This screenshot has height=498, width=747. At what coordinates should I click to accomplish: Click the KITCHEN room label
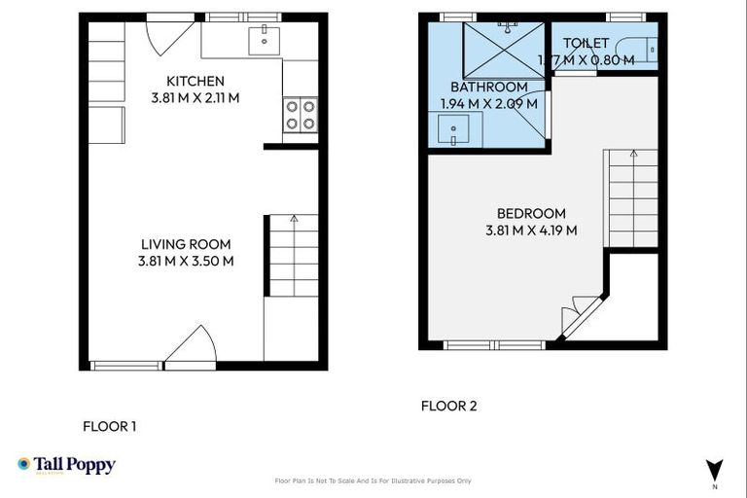(196, 81)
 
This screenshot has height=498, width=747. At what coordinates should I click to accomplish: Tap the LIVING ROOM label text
(186, 244)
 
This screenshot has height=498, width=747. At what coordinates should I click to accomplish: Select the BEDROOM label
(531, 214)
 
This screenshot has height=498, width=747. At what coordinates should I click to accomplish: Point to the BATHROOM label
(488, 87)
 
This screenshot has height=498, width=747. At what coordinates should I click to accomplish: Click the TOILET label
(586, 44)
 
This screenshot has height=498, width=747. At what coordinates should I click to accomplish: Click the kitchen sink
(263, 40)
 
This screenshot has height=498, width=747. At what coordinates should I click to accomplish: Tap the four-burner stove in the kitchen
(300, 115)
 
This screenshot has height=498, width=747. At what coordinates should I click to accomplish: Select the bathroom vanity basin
(455, 129)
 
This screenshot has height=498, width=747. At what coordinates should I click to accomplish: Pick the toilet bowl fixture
(642, 49)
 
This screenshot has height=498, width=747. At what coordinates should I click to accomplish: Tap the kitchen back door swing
(165, 36)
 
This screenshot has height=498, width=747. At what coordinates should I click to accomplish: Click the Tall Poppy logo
(66, 465)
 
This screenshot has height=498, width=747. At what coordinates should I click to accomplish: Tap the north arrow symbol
(715, 469)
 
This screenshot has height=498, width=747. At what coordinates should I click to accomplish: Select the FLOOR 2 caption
(448, 407)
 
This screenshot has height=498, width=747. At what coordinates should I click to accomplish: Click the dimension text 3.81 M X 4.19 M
(531, 231)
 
